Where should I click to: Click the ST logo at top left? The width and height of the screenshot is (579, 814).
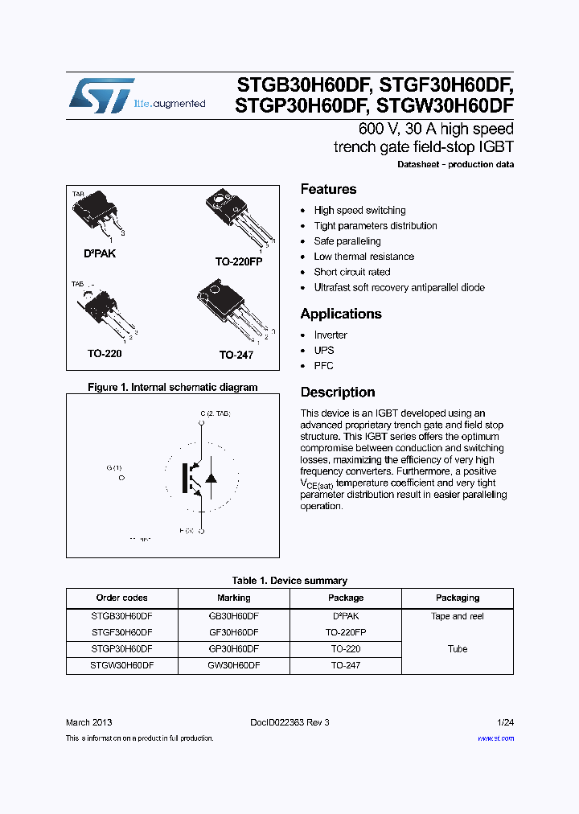click(x=101, y=95)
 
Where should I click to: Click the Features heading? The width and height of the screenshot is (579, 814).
click(x=328, y=189)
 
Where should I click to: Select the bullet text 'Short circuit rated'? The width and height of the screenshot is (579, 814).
click(x=351, y=272)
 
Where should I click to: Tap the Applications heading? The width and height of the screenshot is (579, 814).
click(x=340, y=314)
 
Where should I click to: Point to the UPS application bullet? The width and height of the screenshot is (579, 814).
click(x=323, y=350)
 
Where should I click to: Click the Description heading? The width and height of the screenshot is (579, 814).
click(x=337, y=393)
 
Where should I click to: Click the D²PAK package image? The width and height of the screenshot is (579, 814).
click(x=97, y=214)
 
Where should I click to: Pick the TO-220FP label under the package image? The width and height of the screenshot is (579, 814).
click(x=238, y=261)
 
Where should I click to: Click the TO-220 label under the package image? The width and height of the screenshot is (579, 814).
click(x=105, y=353)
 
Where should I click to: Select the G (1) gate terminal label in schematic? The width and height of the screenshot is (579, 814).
click(x=114, y=468)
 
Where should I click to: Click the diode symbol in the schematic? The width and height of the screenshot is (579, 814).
click(x=211, y=477)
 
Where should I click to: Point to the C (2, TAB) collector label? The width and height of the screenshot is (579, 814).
click(x=216, y=413)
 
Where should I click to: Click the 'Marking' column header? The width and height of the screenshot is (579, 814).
click(x=233, y=598)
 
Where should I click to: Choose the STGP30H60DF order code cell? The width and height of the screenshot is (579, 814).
click(x=122, y=648)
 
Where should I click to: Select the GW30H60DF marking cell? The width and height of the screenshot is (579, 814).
click(x=233, y=665)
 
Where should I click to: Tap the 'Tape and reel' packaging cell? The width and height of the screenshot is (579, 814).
click(x=457, y=616)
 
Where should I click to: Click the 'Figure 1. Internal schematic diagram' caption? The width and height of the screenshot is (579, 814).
click(x=172, y=387)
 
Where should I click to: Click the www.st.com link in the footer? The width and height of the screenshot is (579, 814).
click(x=495, y=738)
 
